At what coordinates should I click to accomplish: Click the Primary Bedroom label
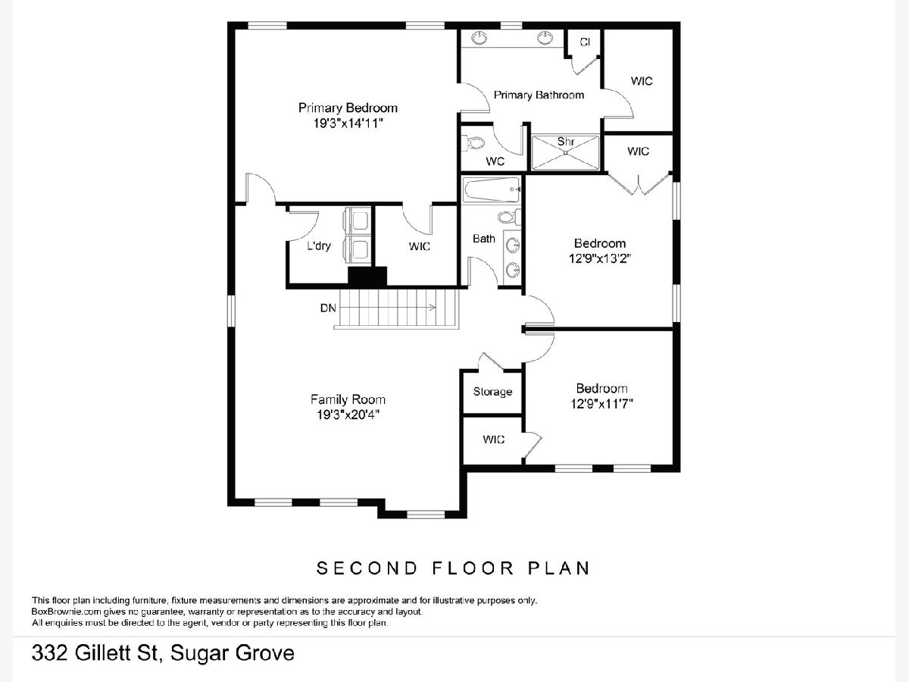(x=348, y=108)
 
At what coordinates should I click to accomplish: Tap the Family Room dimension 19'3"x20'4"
(x=348, y=415)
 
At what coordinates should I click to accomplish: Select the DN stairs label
(x=328, y=308)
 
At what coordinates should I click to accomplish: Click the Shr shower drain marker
(x=566, y=152)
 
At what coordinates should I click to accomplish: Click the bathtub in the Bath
(x=492, y=190)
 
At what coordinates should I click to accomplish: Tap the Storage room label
(x=492, y=392)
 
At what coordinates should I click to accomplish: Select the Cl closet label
(x=585, y=42)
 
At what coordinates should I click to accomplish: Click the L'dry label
(x=319, y=246)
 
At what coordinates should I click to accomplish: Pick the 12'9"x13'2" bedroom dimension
(x=600, y=259)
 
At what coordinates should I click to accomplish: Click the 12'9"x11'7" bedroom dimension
(x=601, y=404)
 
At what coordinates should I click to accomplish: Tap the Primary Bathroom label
(x=539, y=95)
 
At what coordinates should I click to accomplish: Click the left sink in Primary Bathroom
(x=480, y=38)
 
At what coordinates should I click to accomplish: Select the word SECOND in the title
(x=367, y=568)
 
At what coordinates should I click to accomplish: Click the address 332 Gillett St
(x=95, y=653)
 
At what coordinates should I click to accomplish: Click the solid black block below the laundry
(x=367, y=276)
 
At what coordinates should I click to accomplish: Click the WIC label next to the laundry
(x=419, y=246)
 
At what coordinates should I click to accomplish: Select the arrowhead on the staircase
(x=433, y=308)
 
